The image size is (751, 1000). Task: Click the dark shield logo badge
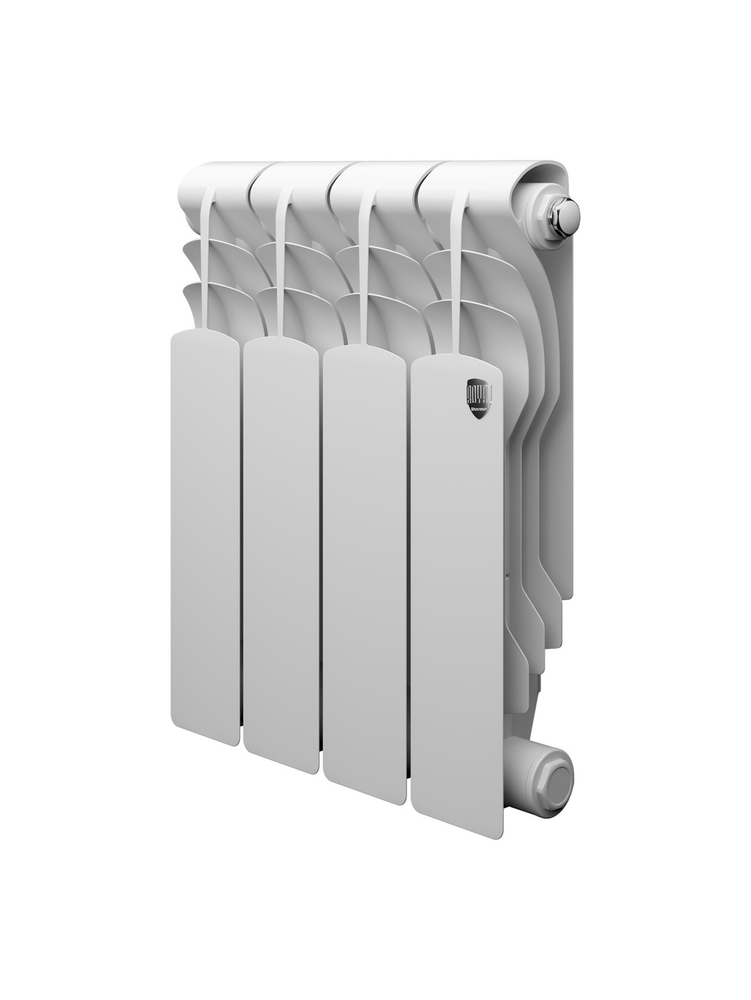479,398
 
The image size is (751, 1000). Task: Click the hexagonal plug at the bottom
554,779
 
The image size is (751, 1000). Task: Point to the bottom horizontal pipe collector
526,780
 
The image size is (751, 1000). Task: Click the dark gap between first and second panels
241,540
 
